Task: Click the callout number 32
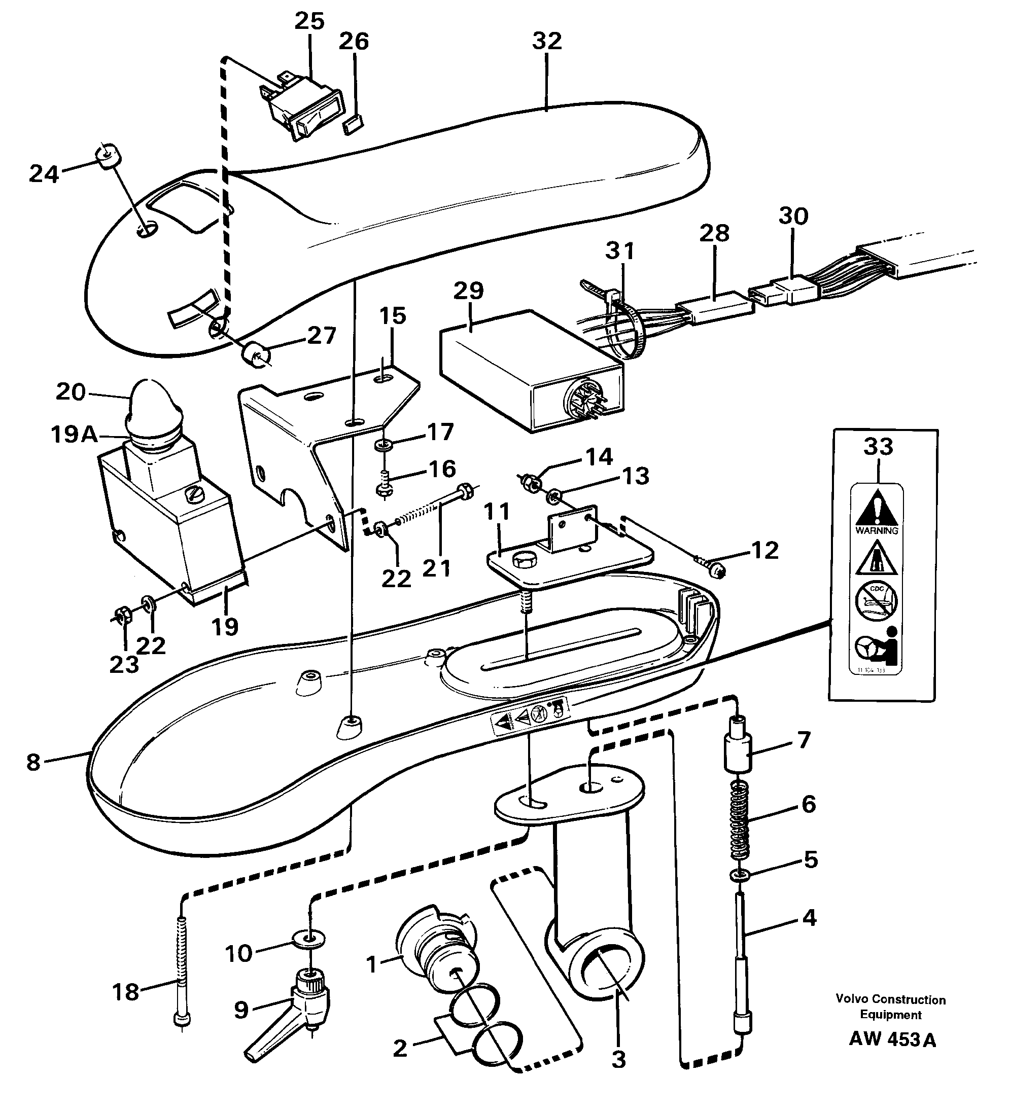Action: pos(546,41)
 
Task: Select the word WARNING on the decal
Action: pos(877,530)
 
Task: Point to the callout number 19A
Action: pos(74,435)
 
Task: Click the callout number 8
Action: pos(33,763)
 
